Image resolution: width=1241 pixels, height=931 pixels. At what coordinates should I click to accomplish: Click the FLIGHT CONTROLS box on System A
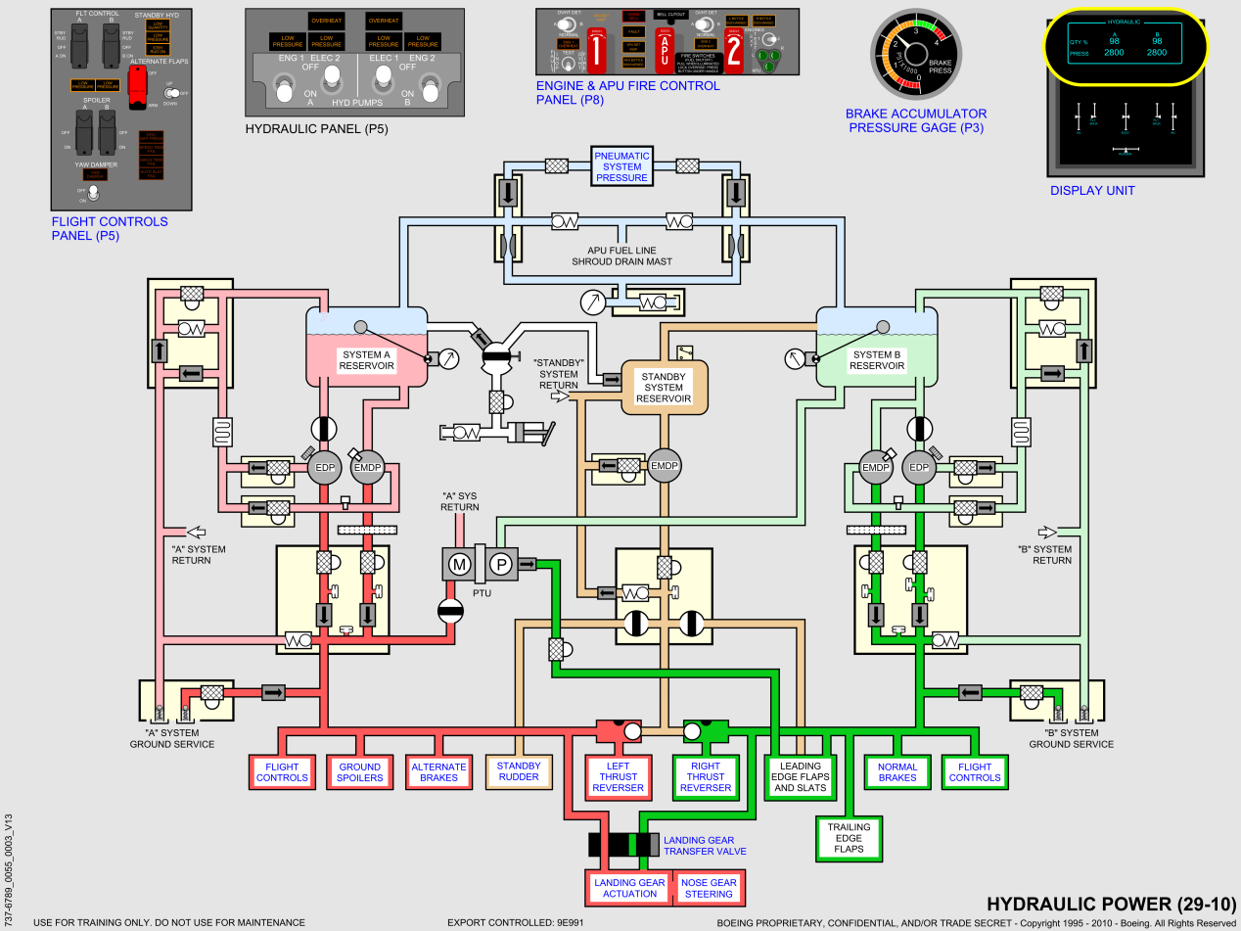coord(282,772)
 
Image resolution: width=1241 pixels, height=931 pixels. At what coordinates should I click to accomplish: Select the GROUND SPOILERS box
coord(359,772)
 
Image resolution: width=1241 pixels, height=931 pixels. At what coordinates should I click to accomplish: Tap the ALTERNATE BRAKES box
coord(438,772)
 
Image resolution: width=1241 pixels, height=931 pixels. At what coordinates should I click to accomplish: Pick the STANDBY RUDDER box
coord(518,772)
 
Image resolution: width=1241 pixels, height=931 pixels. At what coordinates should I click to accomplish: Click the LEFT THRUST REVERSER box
coord(618,776)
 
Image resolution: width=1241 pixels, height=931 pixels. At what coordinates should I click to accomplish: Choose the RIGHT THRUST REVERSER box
coord(705,776)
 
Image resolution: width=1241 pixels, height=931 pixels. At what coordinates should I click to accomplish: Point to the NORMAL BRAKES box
coord(896,772)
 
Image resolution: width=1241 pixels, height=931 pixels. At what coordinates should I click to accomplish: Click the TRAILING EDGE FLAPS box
coord(848,838)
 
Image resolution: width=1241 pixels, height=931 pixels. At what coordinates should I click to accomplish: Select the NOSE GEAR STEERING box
coord(708,888)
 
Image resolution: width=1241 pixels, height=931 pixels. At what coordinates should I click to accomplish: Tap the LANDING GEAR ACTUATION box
coord(629,888)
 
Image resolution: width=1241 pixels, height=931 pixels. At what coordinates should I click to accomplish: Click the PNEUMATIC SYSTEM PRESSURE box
coord(621,166)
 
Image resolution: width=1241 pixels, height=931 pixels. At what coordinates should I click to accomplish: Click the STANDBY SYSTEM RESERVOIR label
coord(663,387)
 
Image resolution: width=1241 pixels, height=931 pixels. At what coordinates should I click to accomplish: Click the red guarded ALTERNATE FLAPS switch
coord(136,91)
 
